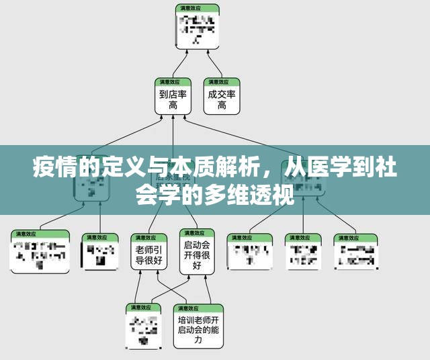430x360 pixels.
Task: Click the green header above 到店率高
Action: point(173,82)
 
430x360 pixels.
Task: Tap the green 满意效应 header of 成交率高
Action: point(222,82)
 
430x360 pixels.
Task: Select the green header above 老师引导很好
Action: point(148,237)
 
